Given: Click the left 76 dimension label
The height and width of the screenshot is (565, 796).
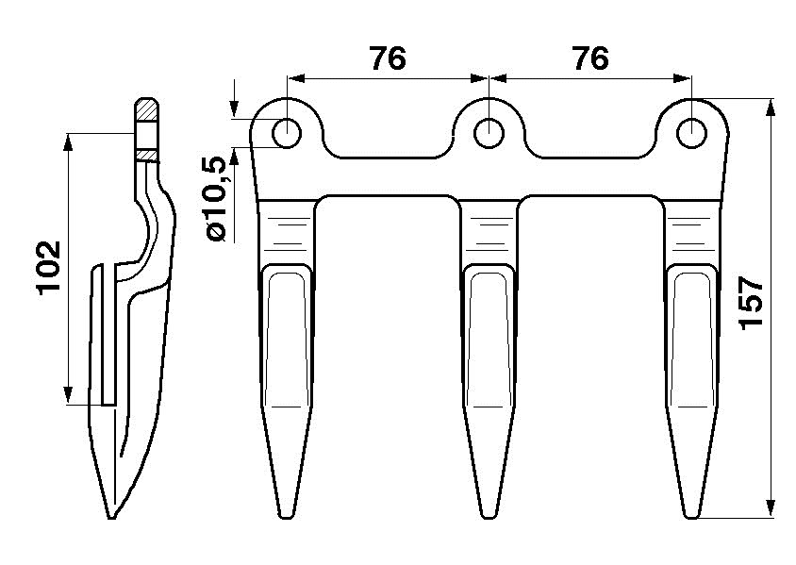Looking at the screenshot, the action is click(388, 58).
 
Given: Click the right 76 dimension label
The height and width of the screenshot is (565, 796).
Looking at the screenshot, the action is click(590, 58).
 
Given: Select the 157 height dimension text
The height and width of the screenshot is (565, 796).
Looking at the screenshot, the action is click(752, 303).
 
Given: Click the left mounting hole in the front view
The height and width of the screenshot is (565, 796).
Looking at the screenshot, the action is click(287, 134).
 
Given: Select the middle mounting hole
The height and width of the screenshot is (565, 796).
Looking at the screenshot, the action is click(489, 134).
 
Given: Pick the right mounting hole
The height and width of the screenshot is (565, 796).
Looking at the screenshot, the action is click(691, 134).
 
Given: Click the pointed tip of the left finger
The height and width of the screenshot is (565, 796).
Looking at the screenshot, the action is click(287, 517).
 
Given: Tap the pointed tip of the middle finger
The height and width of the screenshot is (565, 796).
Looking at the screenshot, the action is click(489, 517).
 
